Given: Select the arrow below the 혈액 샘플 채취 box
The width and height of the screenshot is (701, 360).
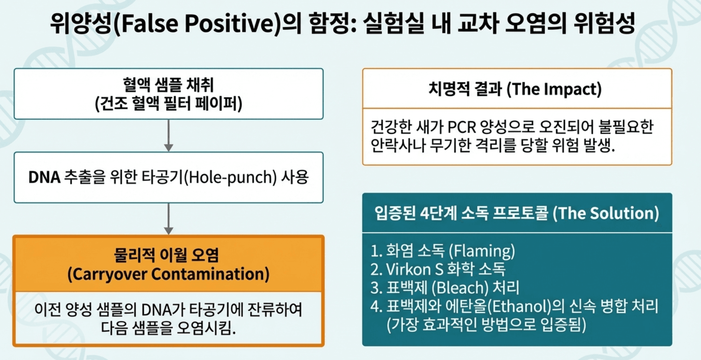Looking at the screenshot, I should [169, 136].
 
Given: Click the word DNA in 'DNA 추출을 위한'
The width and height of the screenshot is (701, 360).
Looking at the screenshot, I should [44, 178].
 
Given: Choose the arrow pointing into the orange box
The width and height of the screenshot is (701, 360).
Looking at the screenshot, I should [169, 219].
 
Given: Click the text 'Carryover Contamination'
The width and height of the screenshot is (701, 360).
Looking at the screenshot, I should [168, 275].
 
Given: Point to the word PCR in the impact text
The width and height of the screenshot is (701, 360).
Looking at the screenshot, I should [461, 127].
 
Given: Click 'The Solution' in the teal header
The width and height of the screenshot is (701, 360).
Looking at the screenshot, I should [606, 214].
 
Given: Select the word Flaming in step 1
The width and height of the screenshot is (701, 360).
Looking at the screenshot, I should [482, 251].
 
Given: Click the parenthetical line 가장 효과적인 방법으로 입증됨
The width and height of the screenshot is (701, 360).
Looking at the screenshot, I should [486, 325].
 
